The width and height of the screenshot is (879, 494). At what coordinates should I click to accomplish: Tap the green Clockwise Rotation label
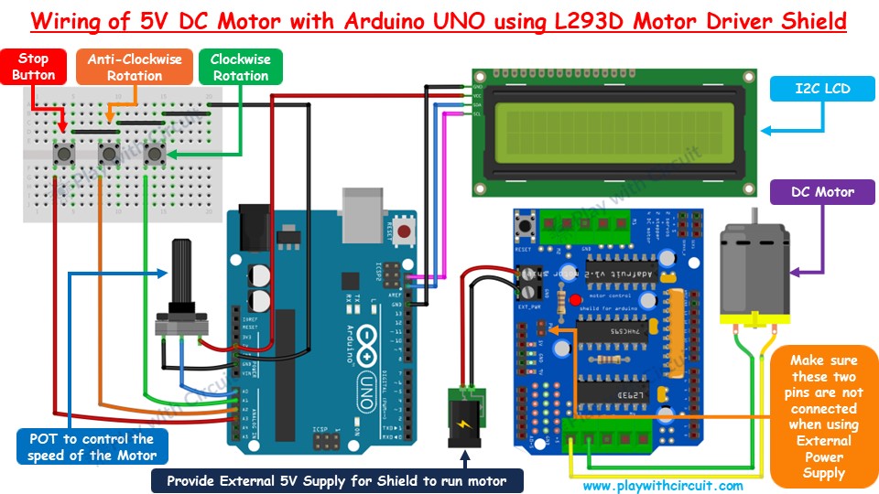240,67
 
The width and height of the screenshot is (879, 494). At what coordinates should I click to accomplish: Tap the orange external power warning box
823,417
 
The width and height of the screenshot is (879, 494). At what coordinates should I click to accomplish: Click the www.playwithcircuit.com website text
663,486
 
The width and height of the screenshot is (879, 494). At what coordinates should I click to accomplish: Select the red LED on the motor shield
574,300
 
